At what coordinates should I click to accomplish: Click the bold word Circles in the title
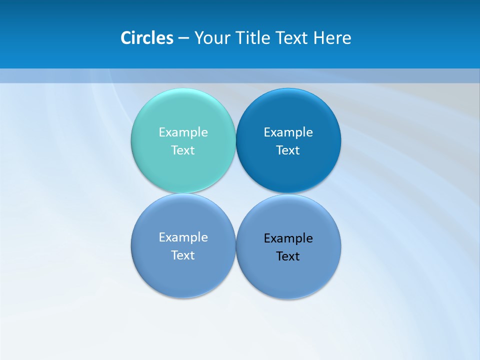coord(147,38)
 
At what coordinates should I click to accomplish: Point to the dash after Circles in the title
coord(183,38)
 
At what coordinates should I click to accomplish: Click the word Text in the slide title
coord(293,38)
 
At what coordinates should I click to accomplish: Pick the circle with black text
coord(288,275)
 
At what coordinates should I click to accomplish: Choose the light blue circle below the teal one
coord(183,275)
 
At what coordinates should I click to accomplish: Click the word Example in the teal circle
coord(183,132)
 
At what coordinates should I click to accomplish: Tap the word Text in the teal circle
coord(183,150)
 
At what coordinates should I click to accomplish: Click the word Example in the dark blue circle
coord(288,132)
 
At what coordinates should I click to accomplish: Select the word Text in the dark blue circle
coord(288,150)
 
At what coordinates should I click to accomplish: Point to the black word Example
coord(288,238)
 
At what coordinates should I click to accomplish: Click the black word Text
coord(288,256)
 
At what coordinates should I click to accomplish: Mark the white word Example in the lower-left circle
coord(183,237)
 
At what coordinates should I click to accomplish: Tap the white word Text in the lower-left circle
coord(183,255)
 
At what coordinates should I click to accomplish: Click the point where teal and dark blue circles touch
coord(235,140)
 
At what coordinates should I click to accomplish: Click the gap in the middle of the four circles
coord(235,193)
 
